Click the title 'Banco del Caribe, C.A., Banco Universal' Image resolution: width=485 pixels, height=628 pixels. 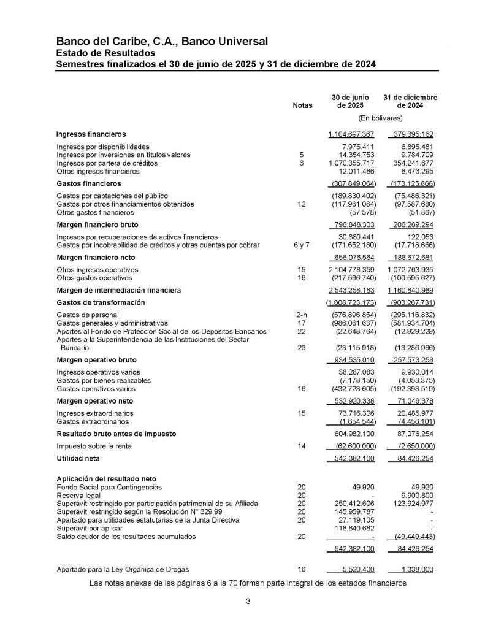(162, 42)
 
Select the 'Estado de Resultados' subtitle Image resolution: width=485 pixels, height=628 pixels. (104, 53)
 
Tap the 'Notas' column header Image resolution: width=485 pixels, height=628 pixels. (302, 105)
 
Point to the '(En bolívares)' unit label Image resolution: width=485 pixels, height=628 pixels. (380, 117)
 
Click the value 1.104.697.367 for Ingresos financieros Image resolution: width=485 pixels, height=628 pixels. (351, 134)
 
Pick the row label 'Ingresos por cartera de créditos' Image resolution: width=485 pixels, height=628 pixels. (107, 164)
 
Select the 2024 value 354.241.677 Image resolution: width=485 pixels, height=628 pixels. (411, 164)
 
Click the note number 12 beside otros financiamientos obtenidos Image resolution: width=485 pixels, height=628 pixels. (301, 204)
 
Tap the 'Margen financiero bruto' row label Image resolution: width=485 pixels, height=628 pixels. (97, 224)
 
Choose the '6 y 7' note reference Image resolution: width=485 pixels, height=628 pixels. (301, 245)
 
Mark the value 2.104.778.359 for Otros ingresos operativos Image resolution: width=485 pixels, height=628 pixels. (351, 270)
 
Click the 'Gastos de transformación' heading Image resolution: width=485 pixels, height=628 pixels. (101, 303)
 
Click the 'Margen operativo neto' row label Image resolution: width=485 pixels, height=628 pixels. (95, 401)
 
